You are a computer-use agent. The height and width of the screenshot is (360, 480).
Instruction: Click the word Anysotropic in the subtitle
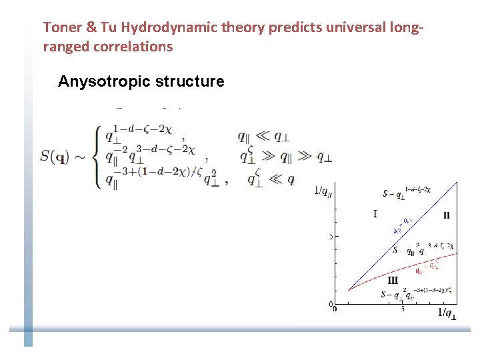point(104,81)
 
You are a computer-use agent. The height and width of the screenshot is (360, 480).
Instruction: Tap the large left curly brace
point(97,157)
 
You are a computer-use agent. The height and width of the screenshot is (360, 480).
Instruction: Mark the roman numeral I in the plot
point(375,213)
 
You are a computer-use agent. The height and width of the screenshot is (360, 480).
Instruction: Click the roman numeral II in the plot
point(446,215)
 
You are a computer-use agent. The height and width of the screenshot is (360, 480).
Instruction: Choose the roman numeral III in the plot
point(393,281)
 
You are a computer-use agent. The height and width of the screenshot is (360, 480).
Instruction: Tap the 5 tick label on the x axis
point(402,309)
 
